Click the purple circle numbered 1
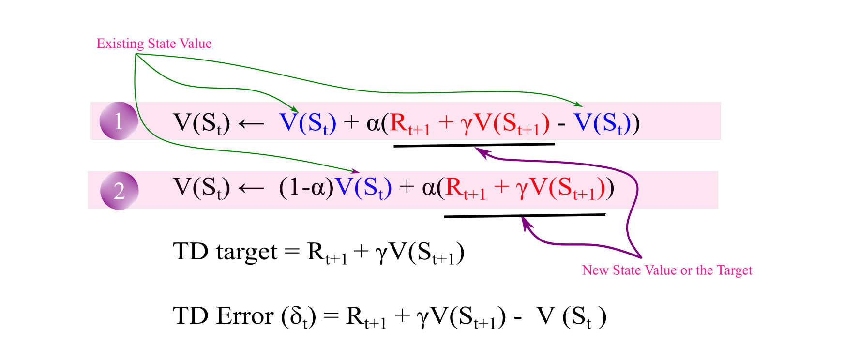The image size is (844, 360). click(119, 121)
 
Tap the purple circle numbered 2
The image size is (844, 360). click(119, 191)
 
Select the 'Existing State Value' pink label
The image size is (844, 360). click(154, 44)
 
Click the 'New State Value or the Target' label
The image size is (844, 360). click(667, 270)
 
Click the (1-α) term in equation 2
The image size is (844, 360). click(306, 187)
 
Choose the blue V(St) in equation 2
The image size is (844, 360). click(363, 187)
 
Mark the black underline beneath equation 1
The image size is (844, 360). click(474, 145)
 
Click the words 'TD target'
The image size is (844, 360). click(225, 252)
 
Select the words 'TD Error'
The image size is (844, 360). click(223, 316)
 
